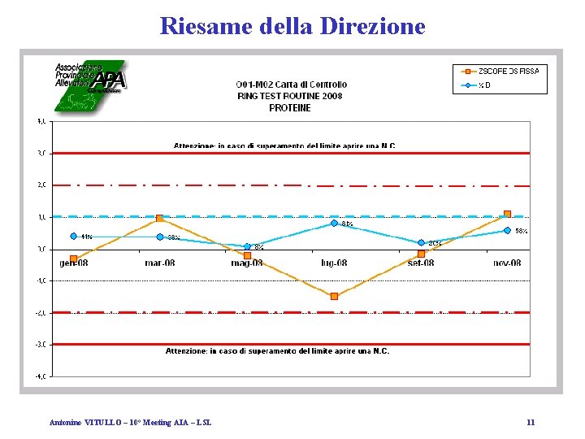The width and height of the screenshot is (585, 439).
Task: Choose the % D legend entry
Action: point(484,85)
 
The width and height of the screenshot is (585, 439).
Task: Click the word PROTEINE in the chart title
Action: point(290,107)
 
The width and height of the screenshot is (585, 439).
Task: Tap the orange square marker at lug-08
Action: point(334,296)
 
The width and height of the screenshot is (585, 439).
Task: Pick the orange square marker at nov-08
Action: point(507,214)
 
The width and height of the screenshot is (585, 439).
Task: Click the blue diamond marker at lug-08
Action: point(334,223)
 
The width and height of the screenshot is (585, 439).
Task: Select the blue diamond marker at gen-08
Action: point(73,237)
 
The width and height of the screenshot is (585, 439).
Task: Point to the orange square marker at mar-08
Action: point(159,218)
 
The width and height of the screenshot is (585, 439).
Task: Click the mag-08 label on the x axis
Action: point(247,263)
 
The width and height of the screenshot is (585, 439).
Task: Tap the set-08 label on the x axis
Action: point(421,263)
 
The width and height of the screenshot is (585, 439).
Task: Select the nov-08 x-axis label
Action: point(507,263)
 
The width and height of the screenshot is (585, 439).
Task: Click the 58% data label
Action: point(521,231)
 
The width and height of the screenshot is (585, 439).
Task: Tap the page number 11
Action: point(530,423)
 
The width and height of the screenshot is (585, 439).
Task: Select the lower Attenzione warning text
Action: point(277,351)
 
